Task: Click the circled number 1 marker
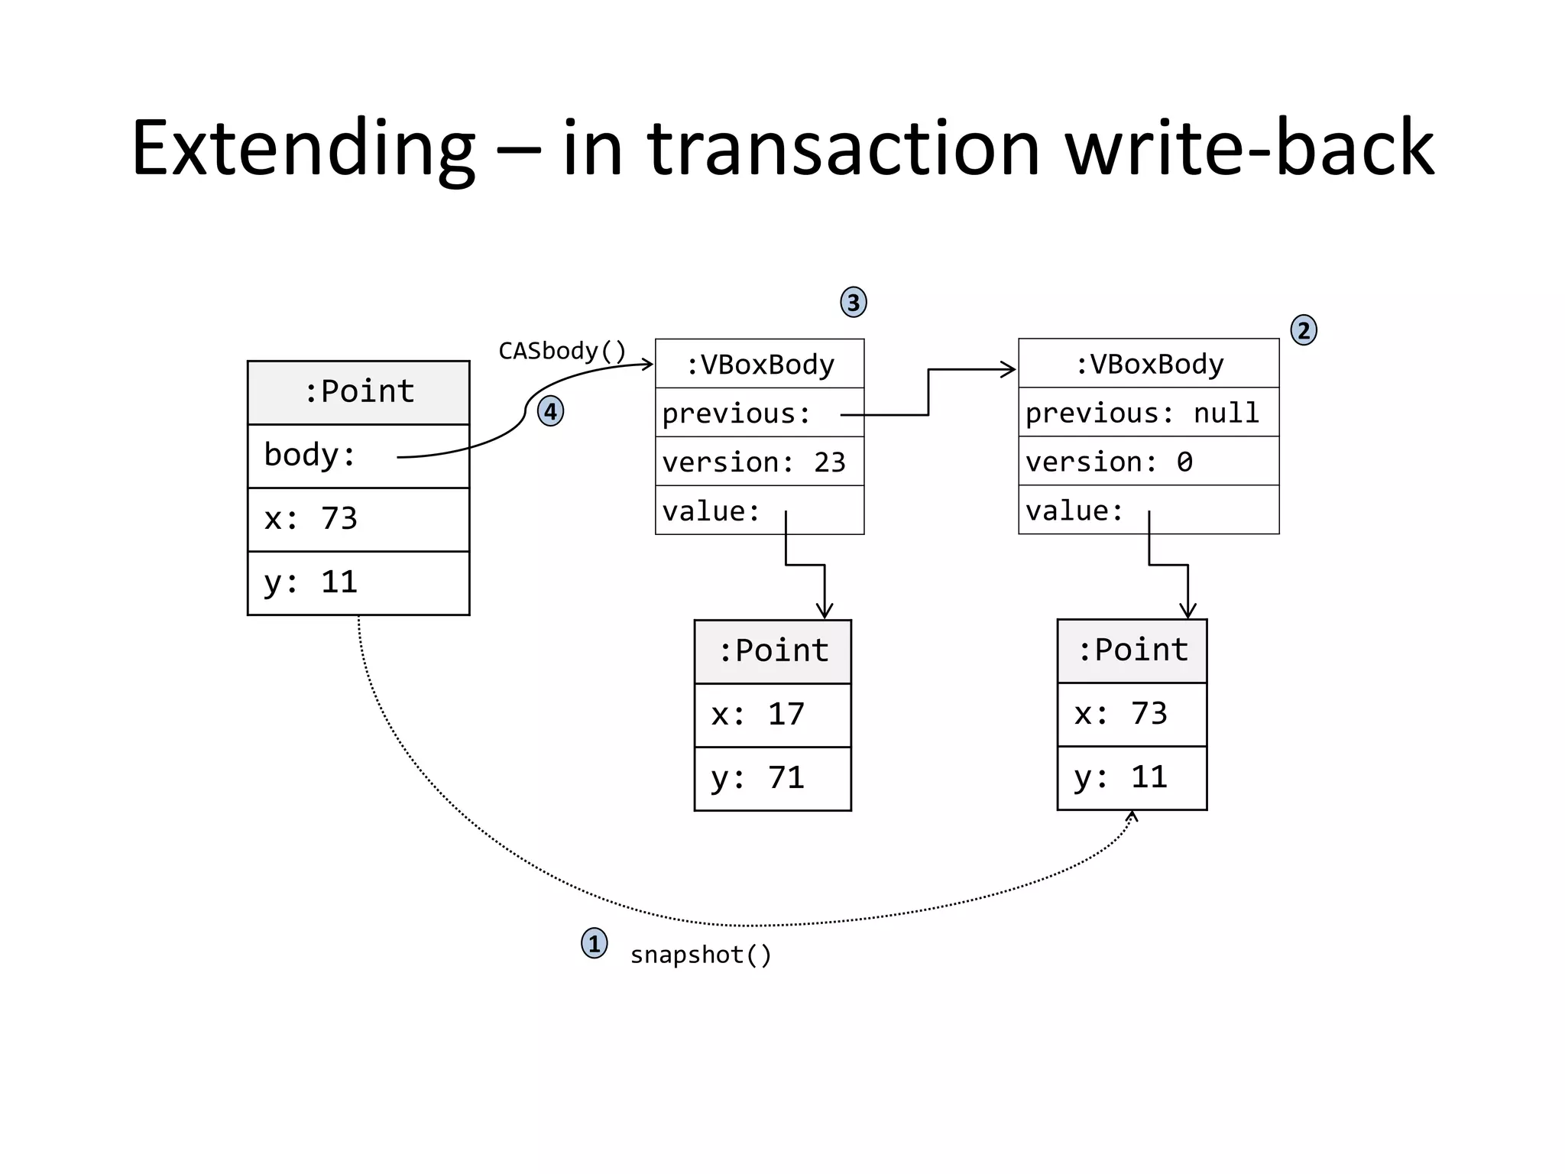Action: (x=594, y=943)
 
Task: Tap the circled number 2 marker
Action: (x=1304, y=330)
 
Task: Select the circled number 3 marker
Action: (x=854, y=303)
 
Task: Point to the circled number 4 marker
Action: (x=550, y=411)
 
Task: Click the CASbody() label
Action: (x=562, y=351)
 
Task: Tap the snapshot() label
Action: (x=701, y=955)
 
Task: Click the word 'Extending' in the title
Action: (x=303, y=148)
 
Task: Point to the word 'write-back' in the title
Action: (x=1249, y=148)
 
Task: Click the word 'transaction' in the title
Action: (x=844, y=148)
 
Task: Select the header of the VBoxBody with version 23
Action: (x=760, y=364)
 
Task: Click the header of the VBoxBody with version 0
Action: (x=1149, y=364)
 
